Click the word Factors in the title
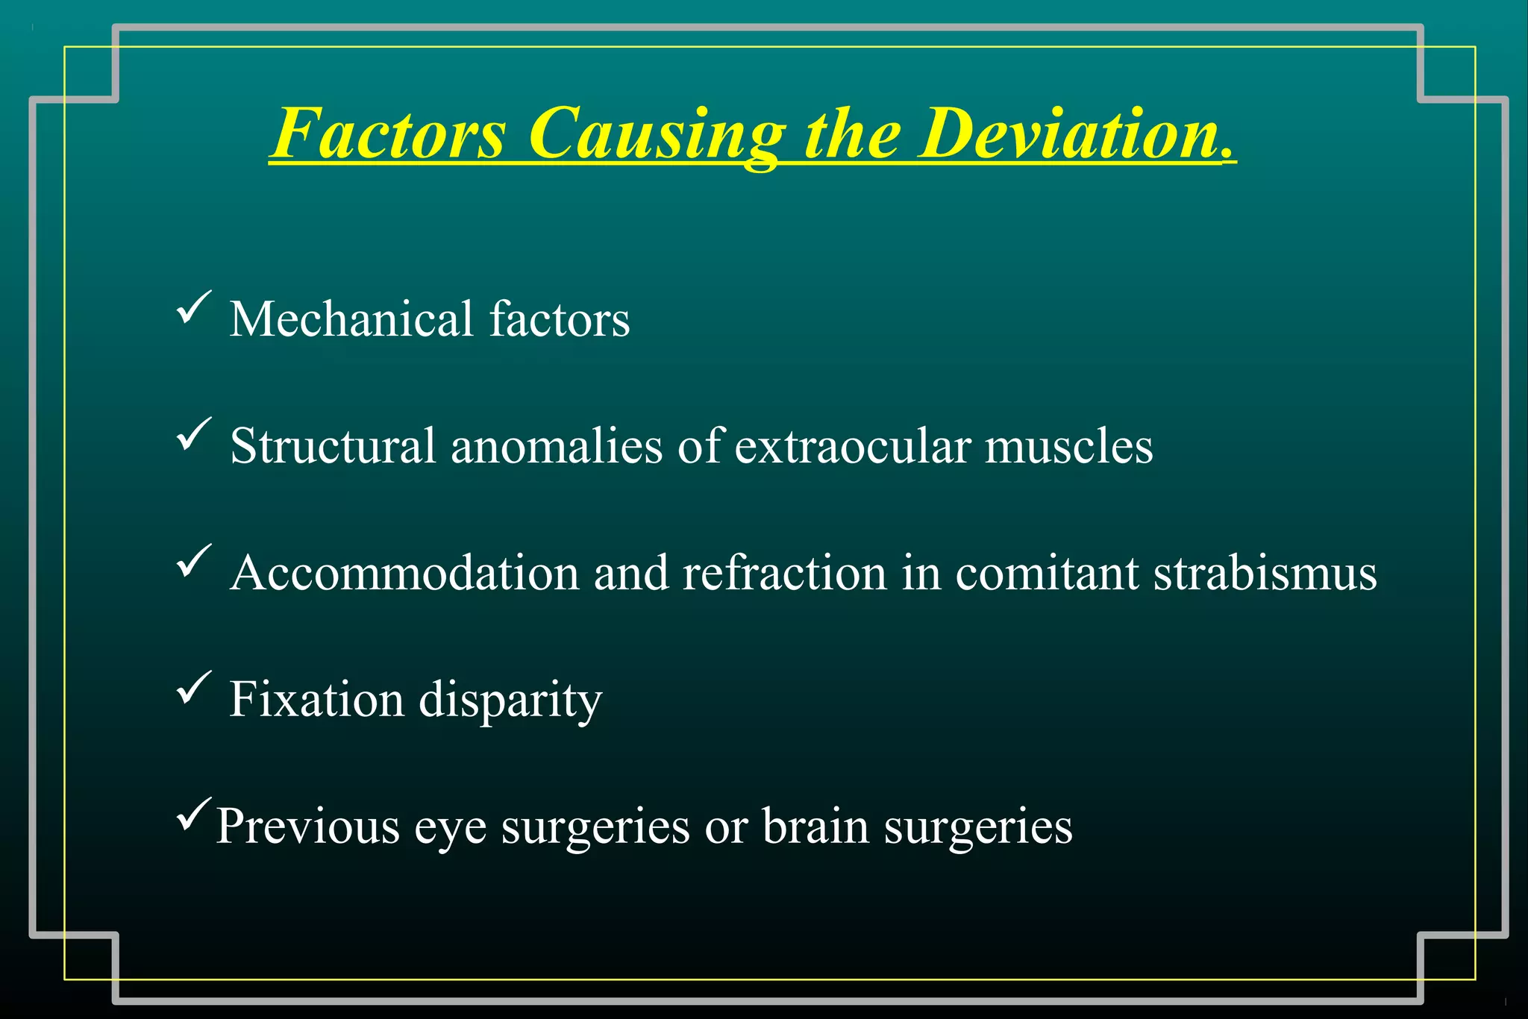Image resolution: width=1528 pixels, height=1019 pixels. click(389, 134)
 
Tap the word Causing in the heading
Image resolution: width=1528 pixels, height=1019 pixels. click(657, 134)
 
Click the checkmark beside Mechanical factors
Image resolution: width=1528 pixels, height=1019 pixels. click(193, 307)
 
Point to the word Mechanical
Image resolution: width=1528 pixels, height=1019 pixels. click(351, 319)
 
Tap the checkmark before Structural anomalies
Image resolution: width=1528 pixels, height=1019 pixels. click(193, 434)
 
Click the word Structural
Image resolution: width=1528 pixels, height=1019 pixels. click(333, 446)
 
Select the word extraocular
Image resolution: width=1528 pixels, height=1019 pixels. click(852, 446)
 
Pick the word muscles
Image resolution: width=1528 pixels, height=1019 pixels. click(1068, 446)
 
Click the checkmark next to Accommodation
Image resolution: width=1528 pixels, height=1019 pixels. click(193, 561)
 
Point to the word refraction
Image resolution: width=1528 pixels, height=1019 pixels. click(784, 573)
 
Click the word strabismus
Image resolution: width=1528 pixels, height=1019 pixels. click(1265, 573)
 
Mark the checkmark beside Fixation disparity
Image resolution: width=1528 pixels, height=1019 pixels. click(193, 688)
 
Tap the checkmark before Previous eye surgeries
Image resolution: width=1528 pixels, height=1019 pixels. click(193, 815)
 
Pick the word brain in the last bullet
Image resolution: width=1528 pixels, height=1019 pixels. click(815, 827)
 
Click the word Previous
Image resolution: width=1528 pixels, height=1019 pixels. click(307, 827)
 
